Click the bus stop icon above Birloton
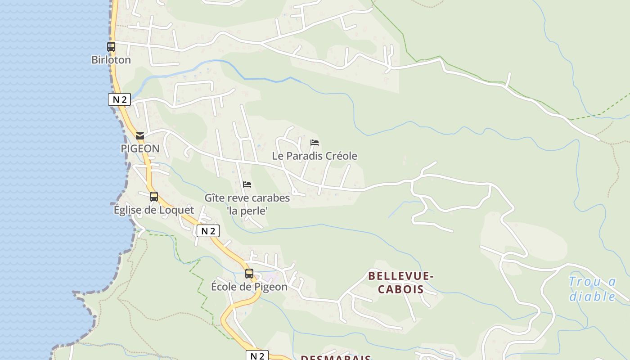click(x=111, y=46)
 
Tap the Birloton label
click(x=111, y=60)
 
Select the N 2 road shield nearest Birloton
click(x=119, y=99)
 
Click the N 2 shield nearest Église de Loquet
click(x=208, y=231)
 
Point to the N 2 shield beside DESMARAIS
click(x=257, y=355)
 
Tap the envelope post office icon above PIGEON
click(x=140, y=135)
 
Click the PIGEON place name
click(x=140, y=148)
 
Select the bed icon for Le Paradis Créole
click(x=315, y=143)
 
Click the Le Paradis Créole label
click(x=315, y=156)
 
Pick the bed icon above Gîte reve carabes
click(x=247, y=184)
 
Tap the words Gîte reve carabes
click(x=247, y=198)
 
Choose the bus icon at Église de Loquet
click(x=154, y=197)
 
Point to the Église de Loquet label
click(x=154, y=210)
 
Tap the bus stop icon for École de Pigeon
click(x=249, y=274)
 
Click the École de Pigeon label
click(x=249, y=287)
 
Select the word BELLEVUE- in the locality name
click(x=400, y=276)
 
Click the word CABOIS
click(x=400, y=289)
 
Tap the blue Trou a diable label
click(x=592, y=289)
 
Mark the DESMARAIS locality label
click(x=336, y=358)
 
